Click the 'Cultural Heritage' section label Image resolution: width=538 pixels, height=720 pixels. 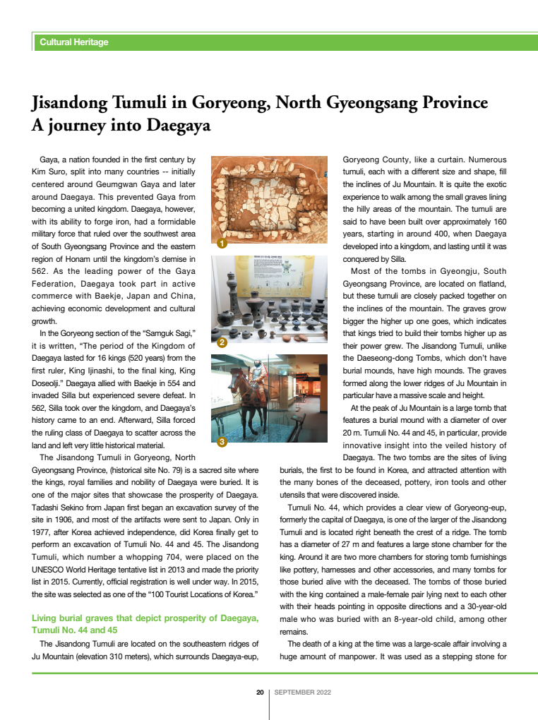coord(74,42)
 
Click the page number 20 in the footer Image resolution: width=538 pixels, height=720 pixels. coord(260,692)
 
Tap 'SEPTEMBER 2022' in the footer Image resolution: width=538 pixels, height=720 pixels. coord(303,692)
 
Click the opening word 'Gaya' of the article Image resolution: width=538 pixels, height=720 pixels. coord(49,160)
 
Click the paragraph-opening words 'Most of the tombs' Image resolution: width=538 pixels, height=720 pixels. coord(382,271)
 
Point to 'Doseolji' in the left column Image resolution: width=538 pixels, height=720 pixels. coord(49,383)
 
